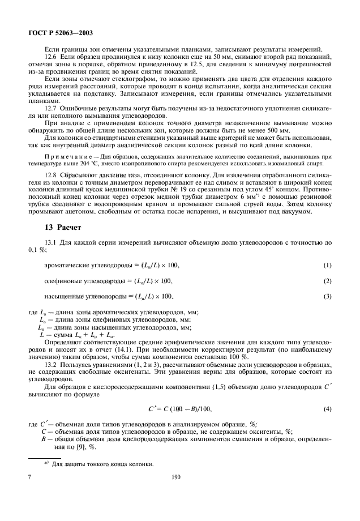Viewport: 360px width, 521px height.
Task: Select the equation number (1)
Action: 327,265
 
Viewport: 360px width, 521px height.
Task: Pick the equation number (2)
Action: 327,281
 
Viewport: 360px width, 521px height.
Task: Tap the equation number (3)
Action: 327,296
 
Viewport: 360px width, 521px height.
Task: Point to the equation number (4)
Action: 327,408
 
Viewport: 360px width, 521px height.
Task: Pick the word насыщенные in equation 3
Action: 63,296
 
